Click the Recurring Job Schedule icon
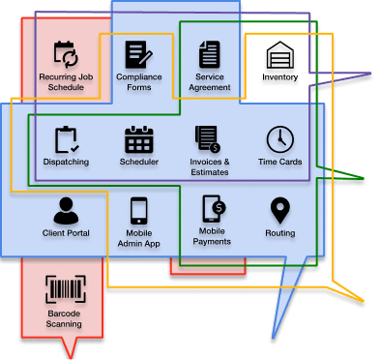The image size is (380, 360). (66, 54)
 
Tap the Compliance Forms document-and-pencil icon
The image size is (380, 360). (138, 54)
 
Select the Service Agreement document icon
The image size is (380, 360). (210, 54)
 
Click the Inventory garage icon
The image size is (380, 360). (280, 54)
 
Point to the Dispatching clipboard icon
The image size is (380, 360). (67, 139)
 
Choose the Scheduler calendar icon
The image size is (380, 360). (139, 139)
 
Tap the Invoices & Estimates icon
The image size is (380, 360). (208, 139)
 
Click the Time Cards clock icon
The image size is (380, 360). (280, 139)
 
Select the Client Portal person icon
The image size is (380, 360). (66, 211)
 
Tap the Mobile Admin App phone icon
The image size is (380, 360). (139, 211)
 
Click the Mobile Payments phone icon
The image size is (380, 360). (214, 209)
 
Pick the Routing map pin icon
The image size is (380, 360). (280, 211)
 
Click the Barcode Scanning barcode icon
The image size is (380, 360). (66, 289)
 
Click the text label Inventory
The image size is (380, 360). (279, 77)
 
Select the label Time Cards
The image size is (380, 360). (279, 162)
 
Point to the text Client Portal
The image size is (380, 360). (66, 233)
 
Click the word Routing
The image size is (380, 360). (280, 233)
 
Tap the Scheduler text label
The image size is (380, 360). (139, 162)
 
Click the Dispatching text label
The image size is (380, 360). (66, 162)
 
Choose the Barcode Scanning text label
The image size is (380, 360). (64, 318)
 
